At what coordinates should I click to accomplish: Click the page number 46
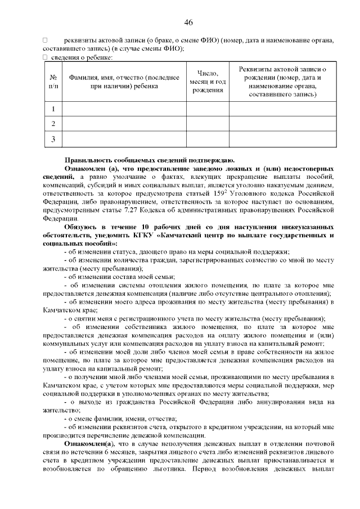pyautogui.click(x=188, y=22)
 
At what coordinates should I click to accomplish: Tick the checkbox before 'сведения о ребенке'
pyautogui.click(x=45, y=57)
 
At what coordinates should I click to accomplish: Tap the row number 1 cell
pyautogui.click(x=53, y=109)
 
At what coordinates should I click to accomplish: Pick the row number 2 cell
pyautogui.click(x=53, y=123)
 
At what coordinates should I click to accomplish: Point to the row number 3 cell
pyautogui.click(x=53, y=138)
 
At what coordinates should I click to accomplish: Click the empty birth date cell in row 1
pyautogui.click(x=208, y=109)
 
